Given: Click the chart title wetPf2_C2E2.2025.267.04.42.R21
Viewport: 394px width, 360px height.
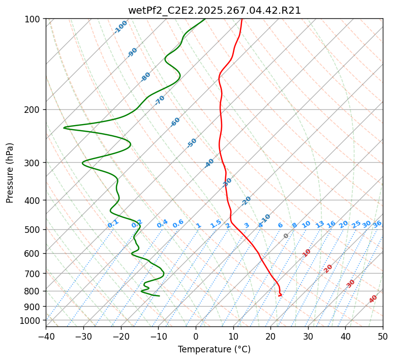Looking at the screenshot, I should pyautogui.click(x=214, y=11).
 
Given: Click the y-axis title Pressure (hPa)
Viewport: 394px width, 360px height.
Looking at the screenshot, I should pyautogui.click(x=10, y=173).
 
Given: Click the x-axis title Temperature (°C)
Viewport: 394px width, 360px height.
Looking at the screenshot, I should pyautogui.click(x=214, y=349).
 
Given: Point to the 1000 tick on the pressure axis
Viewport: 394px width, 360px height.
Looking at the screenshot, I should pyautogui.click(x=32, y=320).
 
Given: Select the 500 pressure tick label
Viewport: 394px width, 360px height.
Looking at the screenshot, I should pyautogui.click(x=34, y=229).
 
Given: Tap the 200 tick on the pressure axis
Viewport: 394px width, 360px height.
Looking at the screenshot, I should pyautogui.click(x=34, y=109).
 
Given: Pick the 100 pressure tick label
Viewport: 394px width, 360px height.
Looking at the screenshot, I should pyautogui.click(x=34, y=19).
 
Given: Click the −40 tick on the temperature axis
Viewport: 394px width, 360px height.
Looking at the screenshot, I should pyautogui.click(x=46, y=336).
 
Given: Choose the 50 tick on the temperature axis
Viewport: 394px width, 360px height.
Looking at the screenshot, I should pyautogui.click(x=383, y=336).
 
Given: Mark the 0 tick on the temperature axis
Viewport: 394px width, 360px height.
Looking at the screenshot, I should pyautogui.click(x=196, y=336).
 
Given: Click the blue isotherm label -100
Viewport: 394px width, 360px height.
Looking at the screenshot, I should pyautogui.click(x=121, y=27).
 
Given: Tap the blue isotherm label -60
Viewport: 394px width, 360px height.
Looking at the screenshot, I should pyautogui.click(x=175, y=122).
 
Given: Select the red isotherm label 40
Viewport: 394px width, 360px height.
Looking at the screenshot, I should pyautogui.click(x=373, y=299).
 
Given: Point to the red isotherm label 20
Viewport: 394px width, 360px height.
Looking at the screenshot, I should pyautogui.click(x=328, y=268).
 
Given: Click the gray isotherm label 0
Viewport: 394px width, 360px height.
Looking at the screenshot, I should pyautogui.click(x=286, y=236).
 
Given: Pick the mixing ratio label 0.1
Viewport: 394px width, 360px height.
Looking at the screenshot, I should pyautogui.click(x=113, y=224).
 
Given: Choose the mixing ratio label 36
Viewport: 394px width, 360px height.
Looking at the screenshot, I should pyautogui.click(x=377, y=224).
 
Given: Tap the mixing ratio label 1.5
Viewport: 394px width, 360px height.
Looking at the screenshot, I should pyautogui.click(x=216, y=224).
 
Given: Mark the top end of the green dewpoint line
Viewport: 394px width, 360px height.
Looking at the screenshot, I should pyautogui.click(x=205, y=19).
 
